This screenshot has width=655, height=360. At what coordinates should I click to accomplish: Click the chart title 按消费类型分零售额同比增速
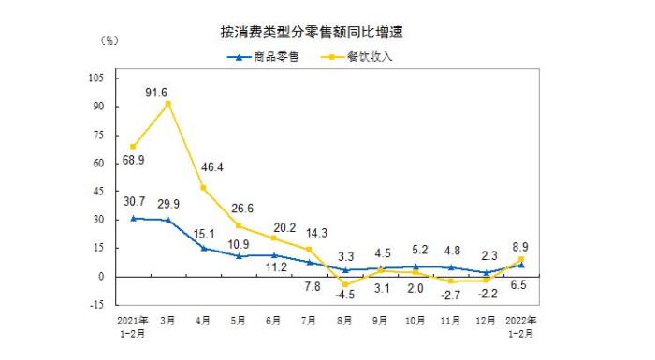pyautogui.click(x=318, y=33)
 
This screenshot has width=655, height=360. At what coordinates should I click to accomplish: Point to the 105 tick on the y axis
pyautogui.click(x=96, y=79)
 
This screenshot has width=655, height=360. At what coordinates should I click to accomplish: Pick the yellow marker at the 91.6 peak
pyautogui.click(x=168, y=104)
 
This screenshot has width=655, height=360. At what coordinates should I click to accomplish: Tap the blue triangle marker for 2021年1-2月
pyautogui.click(x=133, y=218)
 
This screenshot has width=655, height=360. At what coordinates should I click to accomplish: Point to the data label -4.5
pyautogui.click(x=344, y=298)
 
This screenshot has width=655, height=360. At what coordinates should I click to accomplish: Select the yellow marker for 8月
pyautogui.click(x=344, y=284)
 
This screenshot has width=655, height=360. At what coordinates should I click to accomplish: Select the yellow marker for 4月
pyautogui.click(x=204, y=188)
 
